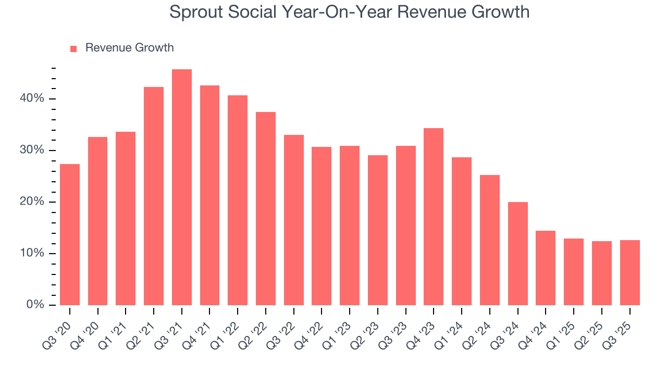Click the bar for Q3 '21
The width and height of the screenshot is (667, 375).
click(182, 187)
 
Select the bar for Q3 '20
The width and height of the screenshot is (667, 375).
click(70, 234)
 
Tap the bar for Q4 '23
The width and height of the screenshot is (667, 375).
click(434, 217)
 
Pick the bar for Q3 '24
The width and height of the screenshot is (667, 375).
click(517, 254)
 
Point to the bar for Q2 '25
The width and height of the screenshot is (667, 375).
click(602, 273)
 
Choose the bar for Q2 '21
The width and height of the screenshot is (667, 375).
click(154, 196)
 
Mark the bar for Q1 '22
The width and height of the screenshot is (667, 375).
click(238, 200)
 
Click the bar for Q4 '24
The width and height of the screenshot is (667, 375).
click(546, 268)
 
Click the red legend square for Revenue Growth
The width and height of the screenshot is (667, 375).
click(73, 49)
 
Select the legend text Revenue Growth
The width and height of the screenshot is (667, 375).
click(129, 48)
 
